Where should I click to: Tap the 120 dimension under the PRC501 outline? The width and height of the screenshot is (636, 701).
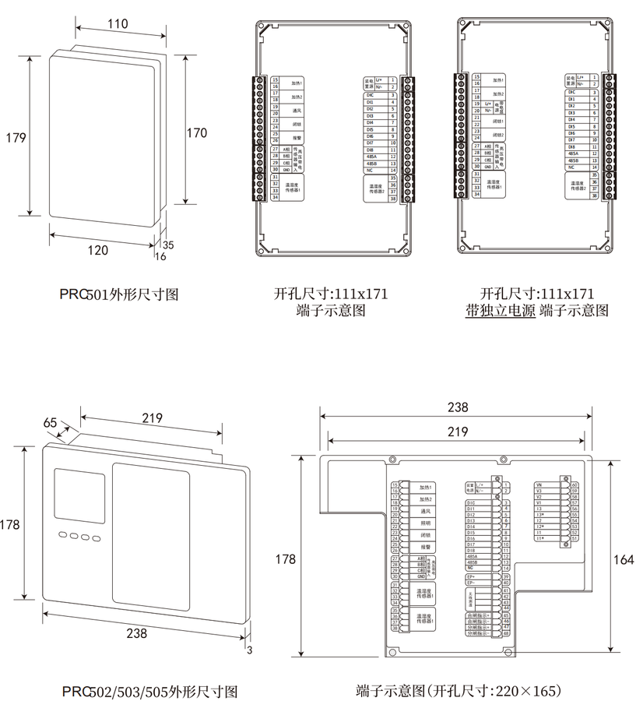coord(97,250)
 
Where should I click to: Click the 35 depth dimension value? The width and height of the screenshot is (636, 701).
coord(168,244)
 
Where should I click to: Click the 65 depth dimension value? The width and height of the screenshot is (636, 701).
coord(50,422)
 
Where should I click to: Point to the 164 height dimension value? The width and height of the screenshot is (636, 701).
coord(624,558)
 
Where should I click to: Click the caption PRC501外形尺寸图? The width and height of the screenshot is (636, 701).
coord(120,294)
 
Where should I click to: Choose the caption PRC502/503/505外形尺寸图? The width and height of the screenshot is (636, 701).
coord(149,692)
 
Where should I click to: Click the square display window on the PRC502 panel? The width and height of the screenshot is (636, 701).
coord(78,496)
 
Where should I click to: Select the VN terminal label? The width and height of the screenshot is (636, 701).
coord(539,484)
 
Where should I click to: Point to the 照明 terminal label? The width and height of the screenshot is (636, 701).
coord(426,524)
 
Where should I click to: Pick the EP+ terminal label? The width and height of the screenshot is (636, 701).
coord(470,577)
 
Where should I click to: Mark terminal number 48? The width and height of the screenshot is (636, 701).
coord(506,633)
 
